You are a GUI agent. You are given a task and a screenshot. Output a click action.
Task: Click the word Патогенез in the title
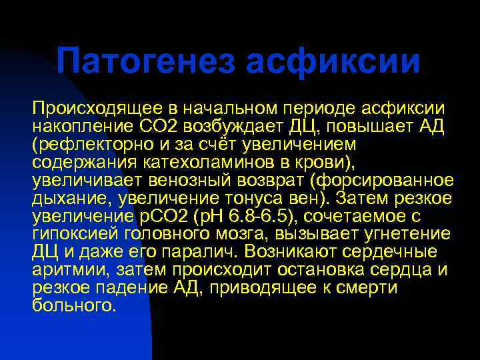coord(146,61)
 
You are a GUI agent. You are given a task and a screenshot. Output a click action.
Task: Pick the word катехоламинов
coord(188,163)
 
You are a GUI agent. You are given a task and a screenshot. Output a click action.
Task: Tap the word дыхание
coord(64,199)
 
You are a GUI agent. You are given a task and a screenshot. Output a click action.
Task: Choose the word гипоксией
coord(74,235)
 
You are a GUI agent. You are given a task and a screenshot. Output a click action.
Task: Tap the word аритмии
coord(64,271)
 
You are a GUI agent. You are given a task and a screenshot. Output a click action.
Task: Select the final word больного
coord(74,307)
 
